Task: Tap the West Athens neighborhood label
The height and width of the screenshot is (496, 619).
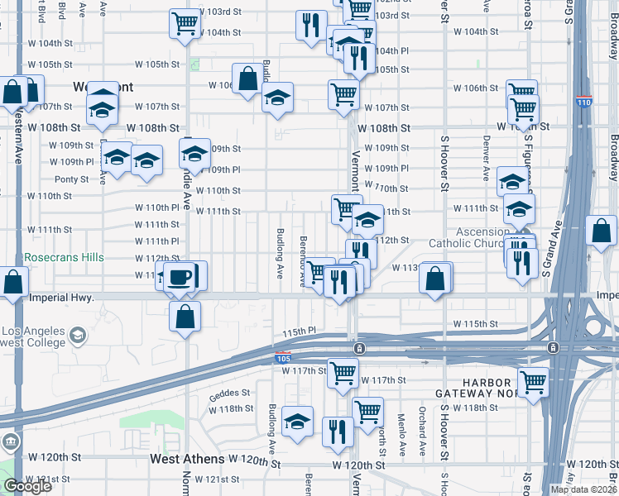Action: (x=187, y=458)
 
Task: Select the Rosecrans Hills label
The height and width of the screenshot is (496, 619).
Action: (x=64, y=258)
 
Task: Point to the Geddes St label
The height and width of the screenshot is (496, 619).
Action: (x=229, y=393)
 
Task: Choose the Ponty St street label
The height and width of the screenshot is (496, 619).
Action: (x=71, y=179)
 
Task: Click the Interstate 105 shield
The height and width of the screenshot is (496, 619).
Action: (x=282, y=357)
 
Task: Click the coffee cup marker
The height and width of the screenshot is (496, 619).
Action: (x=179, y=277)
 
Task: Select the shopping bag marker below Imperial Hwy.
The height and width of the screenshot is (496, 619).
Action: (x=185, y=316)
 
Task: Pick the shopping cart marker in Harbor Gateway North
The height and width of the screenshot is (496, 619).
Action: (x=533, y=383)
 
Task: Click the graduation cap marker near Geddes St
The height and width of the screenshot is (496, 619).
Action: (x=297, y=422)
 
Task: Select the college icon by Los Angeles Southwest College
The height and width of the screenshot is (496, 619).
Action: (x=77, y=335)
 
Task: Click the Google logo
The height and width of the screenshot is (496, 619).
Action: (x=27, y=486)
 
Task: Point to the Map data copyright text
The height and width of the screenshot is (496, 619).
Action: (x=583, y=489)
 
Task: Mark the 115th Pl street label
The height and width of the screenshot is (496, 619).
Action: (x=300, y=331)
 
